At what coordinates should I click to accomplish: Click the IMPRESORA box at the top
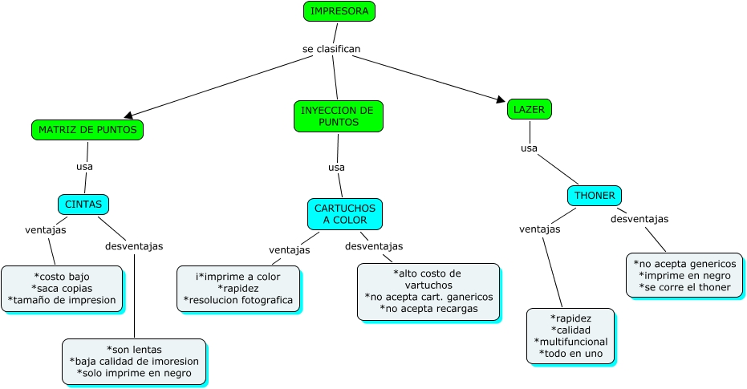[339, 11]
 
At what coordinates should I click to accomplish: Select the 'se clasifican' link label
[331, 49]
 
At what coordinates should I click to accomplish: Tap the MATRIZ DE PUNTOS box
[87, 129]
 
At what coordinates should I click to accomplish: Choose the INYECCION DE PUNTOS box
[338, 116]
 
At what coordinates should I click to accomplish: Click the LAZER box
[530, 109]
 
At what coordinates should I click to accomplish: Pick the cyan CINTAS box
[83, 205]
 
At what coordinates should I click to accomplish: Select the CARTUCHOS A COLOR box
[345, 213]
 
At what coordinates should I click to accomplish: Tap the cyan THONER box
[595, 196]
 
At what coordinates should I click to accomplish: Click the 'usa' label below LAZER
[529, 148]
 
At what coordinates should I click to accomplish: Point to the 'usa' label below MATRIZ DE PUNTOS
[84, 167]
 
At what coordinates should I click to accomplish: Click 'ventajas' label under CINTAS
[46, 229]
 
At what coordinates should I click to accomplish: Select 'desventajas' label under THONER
[639, 218]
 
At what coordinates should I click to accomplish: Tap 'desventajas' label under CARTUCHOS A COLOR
[374, 245]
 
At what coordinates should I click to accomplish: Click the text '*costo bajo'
[62, 277]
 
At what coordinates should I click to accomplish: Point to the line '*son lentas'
[134, 349]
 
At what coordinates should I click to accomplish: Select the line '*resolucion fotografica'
[238, 301]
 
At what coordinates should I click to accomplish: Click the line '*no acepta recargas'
[428, 309]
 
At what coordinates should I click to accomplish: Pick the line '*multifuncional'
[570, 341]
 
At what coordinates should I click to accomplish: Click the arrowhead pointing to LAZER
[501, 99]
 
